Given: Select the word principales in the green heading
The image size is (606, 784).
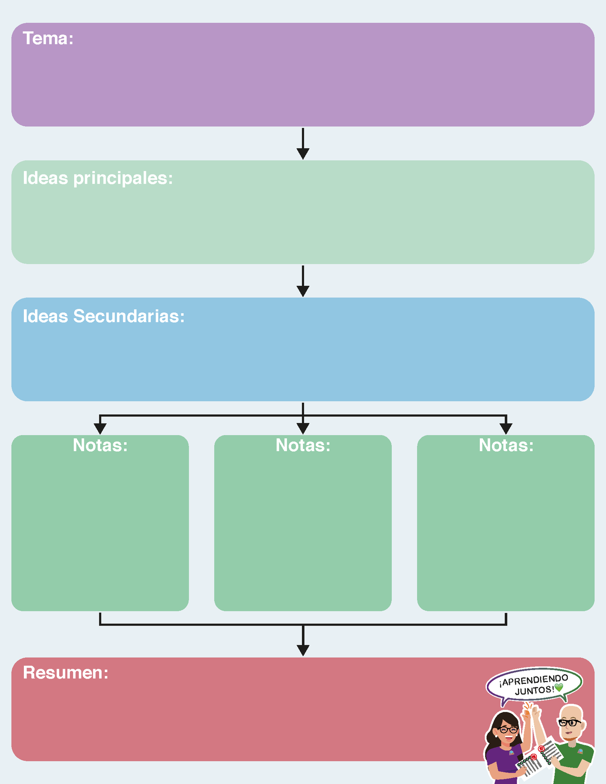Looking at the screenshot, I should (x=122, y=179).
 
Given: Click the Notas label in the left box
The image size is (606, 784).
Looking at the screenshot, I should (x=100, y=445).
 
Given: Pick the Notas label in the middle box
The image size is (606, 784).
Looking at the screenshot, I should (x=303, y=445).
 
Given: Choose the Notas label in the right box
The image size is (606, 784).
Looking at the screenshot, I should (x=506, y=445).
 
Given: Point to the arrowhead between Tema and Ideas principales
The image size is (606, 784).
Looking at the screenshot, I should (x=303, y=153).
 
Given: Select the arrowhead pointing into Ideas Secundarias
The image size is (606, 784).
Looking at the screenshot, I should (x=303, y=291).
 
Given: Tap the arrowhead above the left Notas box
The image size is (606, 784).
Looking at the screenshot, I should (x=100, y=428).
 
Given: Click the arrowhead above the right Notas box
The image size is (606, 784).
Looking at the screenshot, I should (x=506, y=428).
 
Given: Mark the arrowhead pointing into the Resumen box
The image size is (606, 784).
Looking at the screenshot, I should (x=303, y=650).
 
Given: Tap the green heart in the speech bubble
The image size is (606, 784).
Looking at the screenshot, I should (x=559, y=688).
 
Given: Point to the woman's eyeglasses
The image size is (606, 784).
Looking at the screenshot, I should (x=508, y=730).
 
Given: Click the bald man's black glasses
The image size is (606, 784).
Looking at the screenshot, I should (x=570, y=723).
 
